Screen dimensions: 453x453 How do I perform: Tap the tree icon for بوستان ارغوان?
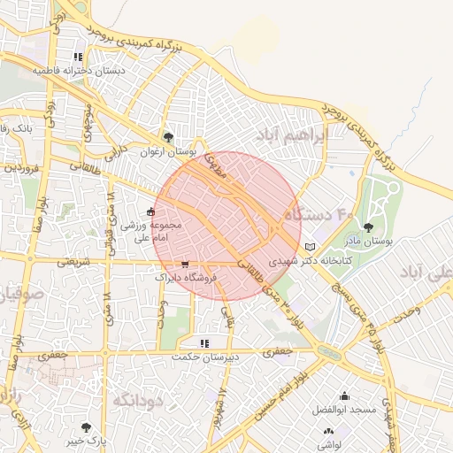(x=168, y=137)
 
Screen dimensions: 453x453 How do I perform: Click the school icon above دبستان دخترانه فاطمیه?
(x=78, y=57)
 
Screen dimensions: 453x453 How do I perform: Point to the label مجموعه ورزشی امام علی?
(x=152, y=232)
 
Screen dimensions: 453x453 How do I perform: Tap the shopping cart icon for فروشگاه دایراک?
(x=185, y=264)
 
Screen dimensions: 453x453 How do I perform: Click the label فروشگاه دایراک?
(x=186, y=278)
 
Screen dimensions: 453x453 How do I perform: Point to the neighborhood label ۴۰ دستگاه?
(x=319, y=213)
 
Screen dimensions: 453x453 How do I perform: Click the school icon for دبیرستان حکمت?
(x=204, y=342)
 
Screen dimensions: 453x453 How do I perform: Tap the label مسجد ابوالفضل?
(x=343, y=410)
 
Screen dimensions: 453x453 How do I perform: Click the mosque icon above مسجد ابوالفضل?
(x=343, y=395)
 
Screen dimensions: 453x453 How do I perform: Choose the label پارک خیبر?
(x=85, y=440)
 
